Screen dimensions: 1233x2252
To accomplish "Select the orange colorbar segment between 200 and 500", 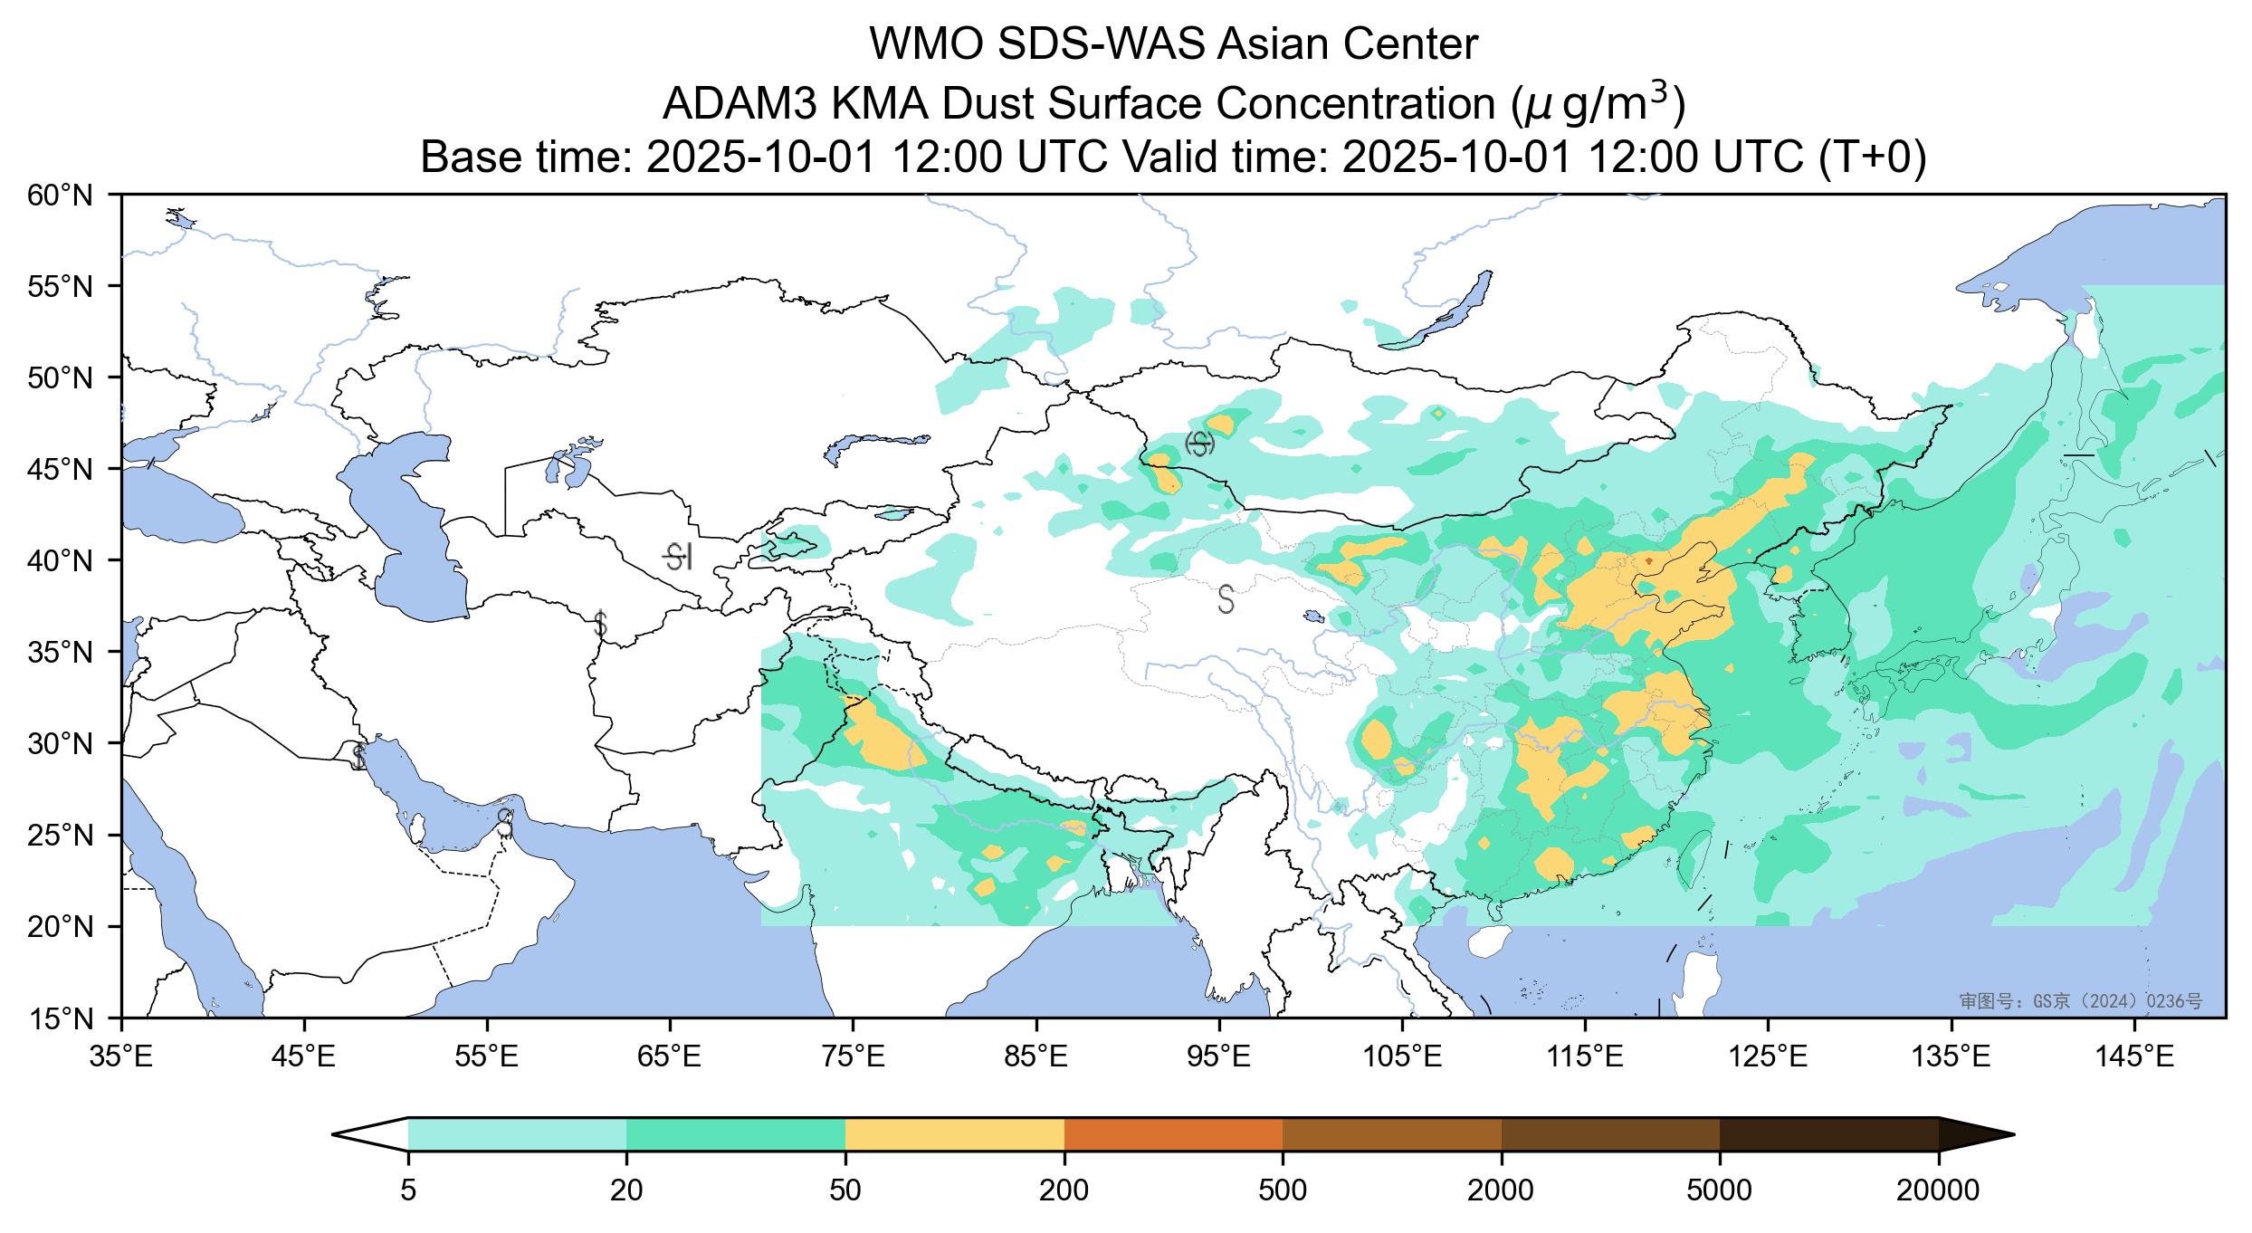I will [1173, 1134].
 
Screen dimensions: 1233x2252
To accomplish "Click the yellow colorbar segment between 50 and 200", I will [954, 1134].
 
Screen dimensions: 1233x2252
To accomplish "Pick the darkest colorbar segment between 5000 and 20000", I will [1828, 1134].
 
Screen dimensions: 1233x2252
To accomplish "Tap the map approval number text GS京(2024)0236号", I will [2081, 1001].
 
